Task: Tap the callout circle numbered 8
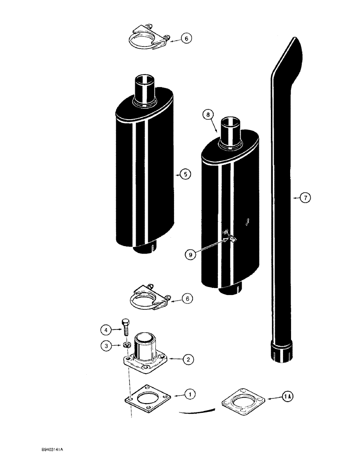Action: (208, 113)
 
